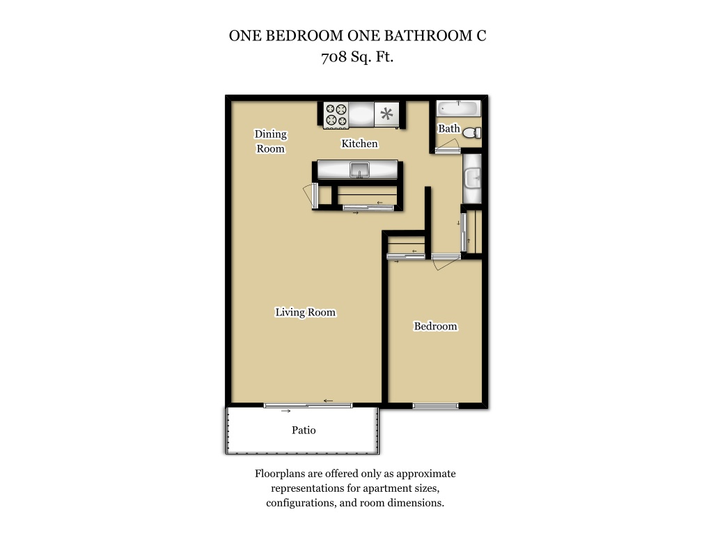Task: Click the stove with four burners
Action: coord(336,115)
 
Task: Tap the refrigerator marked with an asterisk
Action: coord(386,114)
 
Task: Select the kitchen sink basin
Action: coord(359,170)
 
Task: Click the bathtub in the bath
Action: coord(458,109)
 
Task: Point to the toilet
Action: coord(472,132)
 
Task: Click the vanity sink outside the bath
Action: coord(472,178)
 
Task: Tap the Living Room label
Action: coord(305,312)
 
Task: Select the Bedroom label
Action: coord(435,326)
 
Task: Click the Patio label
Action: coord(304,430)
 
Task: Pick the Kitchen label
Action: coord(359,144)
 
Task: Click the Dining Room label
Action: coord(271,141)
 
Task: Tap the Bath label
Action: coord(449,129)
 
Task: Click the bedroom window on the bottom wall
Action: coord(435,406)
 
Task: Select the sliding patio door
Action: coord(308,405)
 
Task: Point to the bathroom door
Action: coord(448,146)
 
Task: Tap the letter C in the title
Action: coord(481,36)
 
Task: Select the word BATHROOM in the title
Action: coord(429,36)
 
